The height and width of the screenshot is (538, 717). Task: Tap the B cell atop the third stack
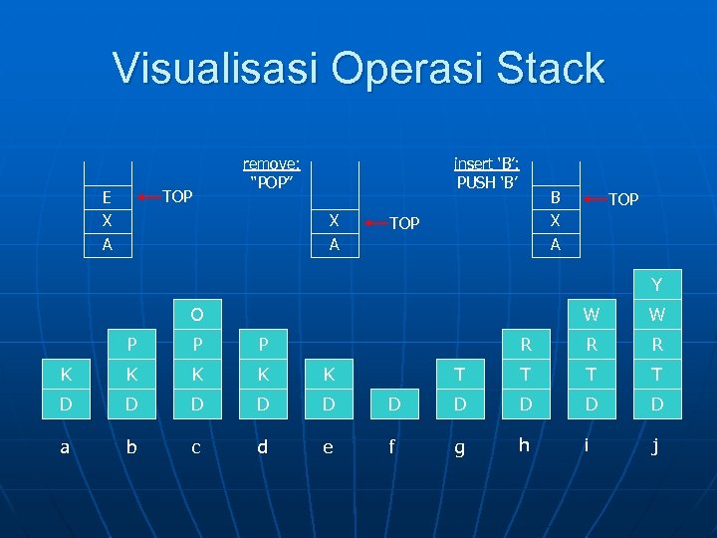(x=556, y=197)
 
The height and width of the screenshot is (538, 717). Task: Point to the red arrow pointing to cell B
(x=593, y=197)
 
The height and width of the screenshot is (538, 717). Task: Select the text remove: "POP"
(x=272, y=172)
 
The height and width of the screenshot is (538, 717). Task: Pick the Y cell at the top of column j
(x=655, y=286)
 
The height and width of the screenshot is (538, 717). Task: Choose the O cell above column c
(x=196, y=315)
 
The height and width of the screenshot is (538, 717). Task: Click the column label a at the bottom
(x=66, y=447)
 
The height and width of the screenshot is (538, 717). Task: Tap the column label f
(x=391, y=447)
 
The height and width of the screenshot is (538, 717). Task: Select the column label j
(x=655, y=447)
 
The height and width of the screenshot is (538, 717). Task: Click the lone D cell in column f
(x=392, y=405)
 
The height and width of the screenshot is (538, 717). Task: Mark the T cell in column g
(x=458, y=376)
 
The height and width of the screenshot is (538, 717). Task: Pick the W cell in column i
(x=591, y=315)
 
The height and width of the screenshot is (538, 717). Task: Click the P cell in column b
(x=131, y=346)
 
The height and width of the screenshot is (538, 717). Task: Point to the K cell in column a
(x=66, y=376)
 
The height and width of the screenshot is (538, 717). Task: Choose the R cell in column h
(x=524, y=346)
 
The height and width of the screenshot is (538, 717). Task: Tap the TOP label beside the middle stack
(x=404, y=223)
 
